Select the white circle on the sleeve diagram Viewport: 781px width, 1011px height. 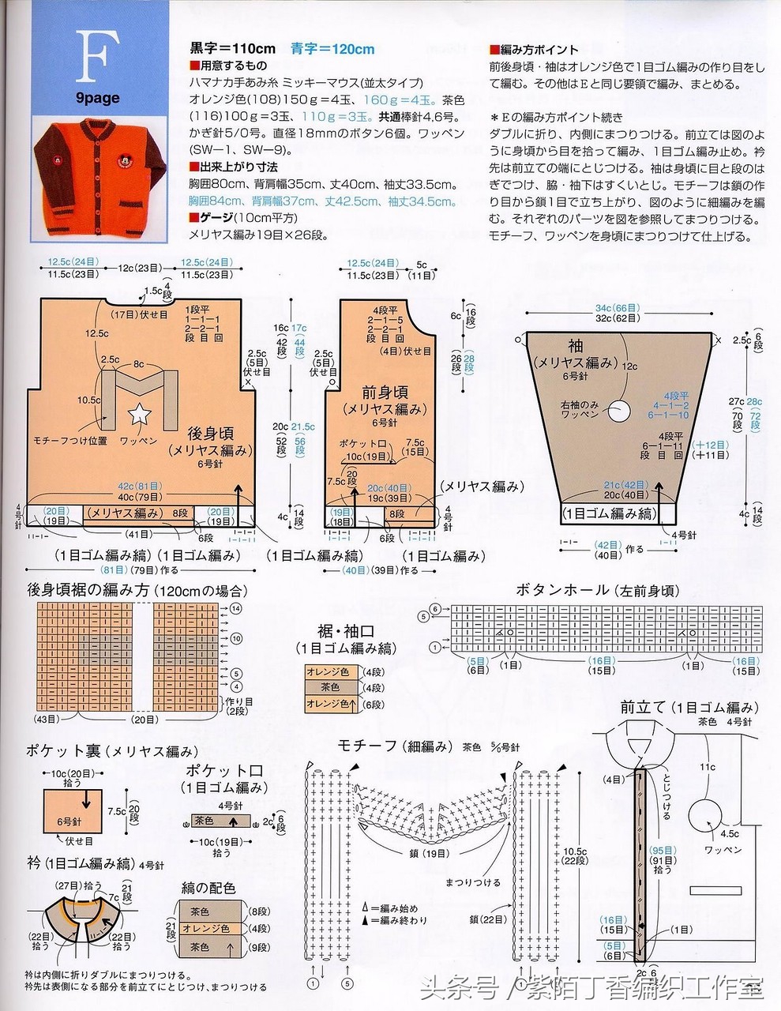tap(622, 409)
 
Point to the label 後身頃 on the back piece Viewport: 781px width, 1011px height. tap(210, 434)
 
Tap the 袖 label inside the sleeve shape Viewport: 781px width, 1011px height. tap(574, 346)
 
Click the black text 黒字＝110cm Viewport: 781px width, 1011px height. tap(233, 49)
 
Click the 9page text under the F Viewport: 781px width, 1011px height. tap(98, 98)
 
